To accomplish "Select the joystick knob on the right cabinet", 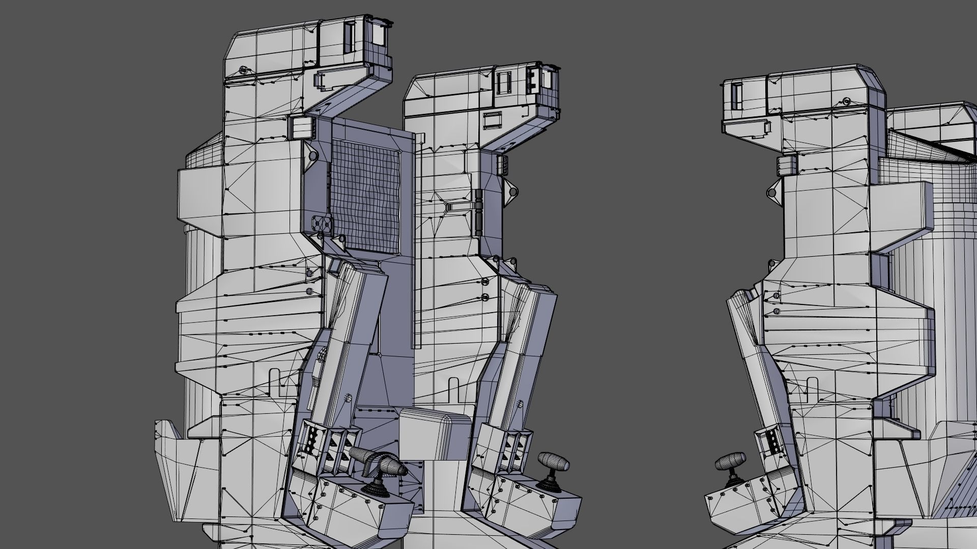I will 730,463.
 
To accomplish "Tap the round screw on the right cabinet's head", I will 846,101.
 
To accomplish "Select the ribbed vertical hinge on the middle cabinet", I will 479,208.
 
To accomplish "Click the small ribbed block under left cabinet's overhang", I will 299,128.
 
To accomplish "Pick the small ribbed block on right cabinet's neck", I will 786,166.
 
